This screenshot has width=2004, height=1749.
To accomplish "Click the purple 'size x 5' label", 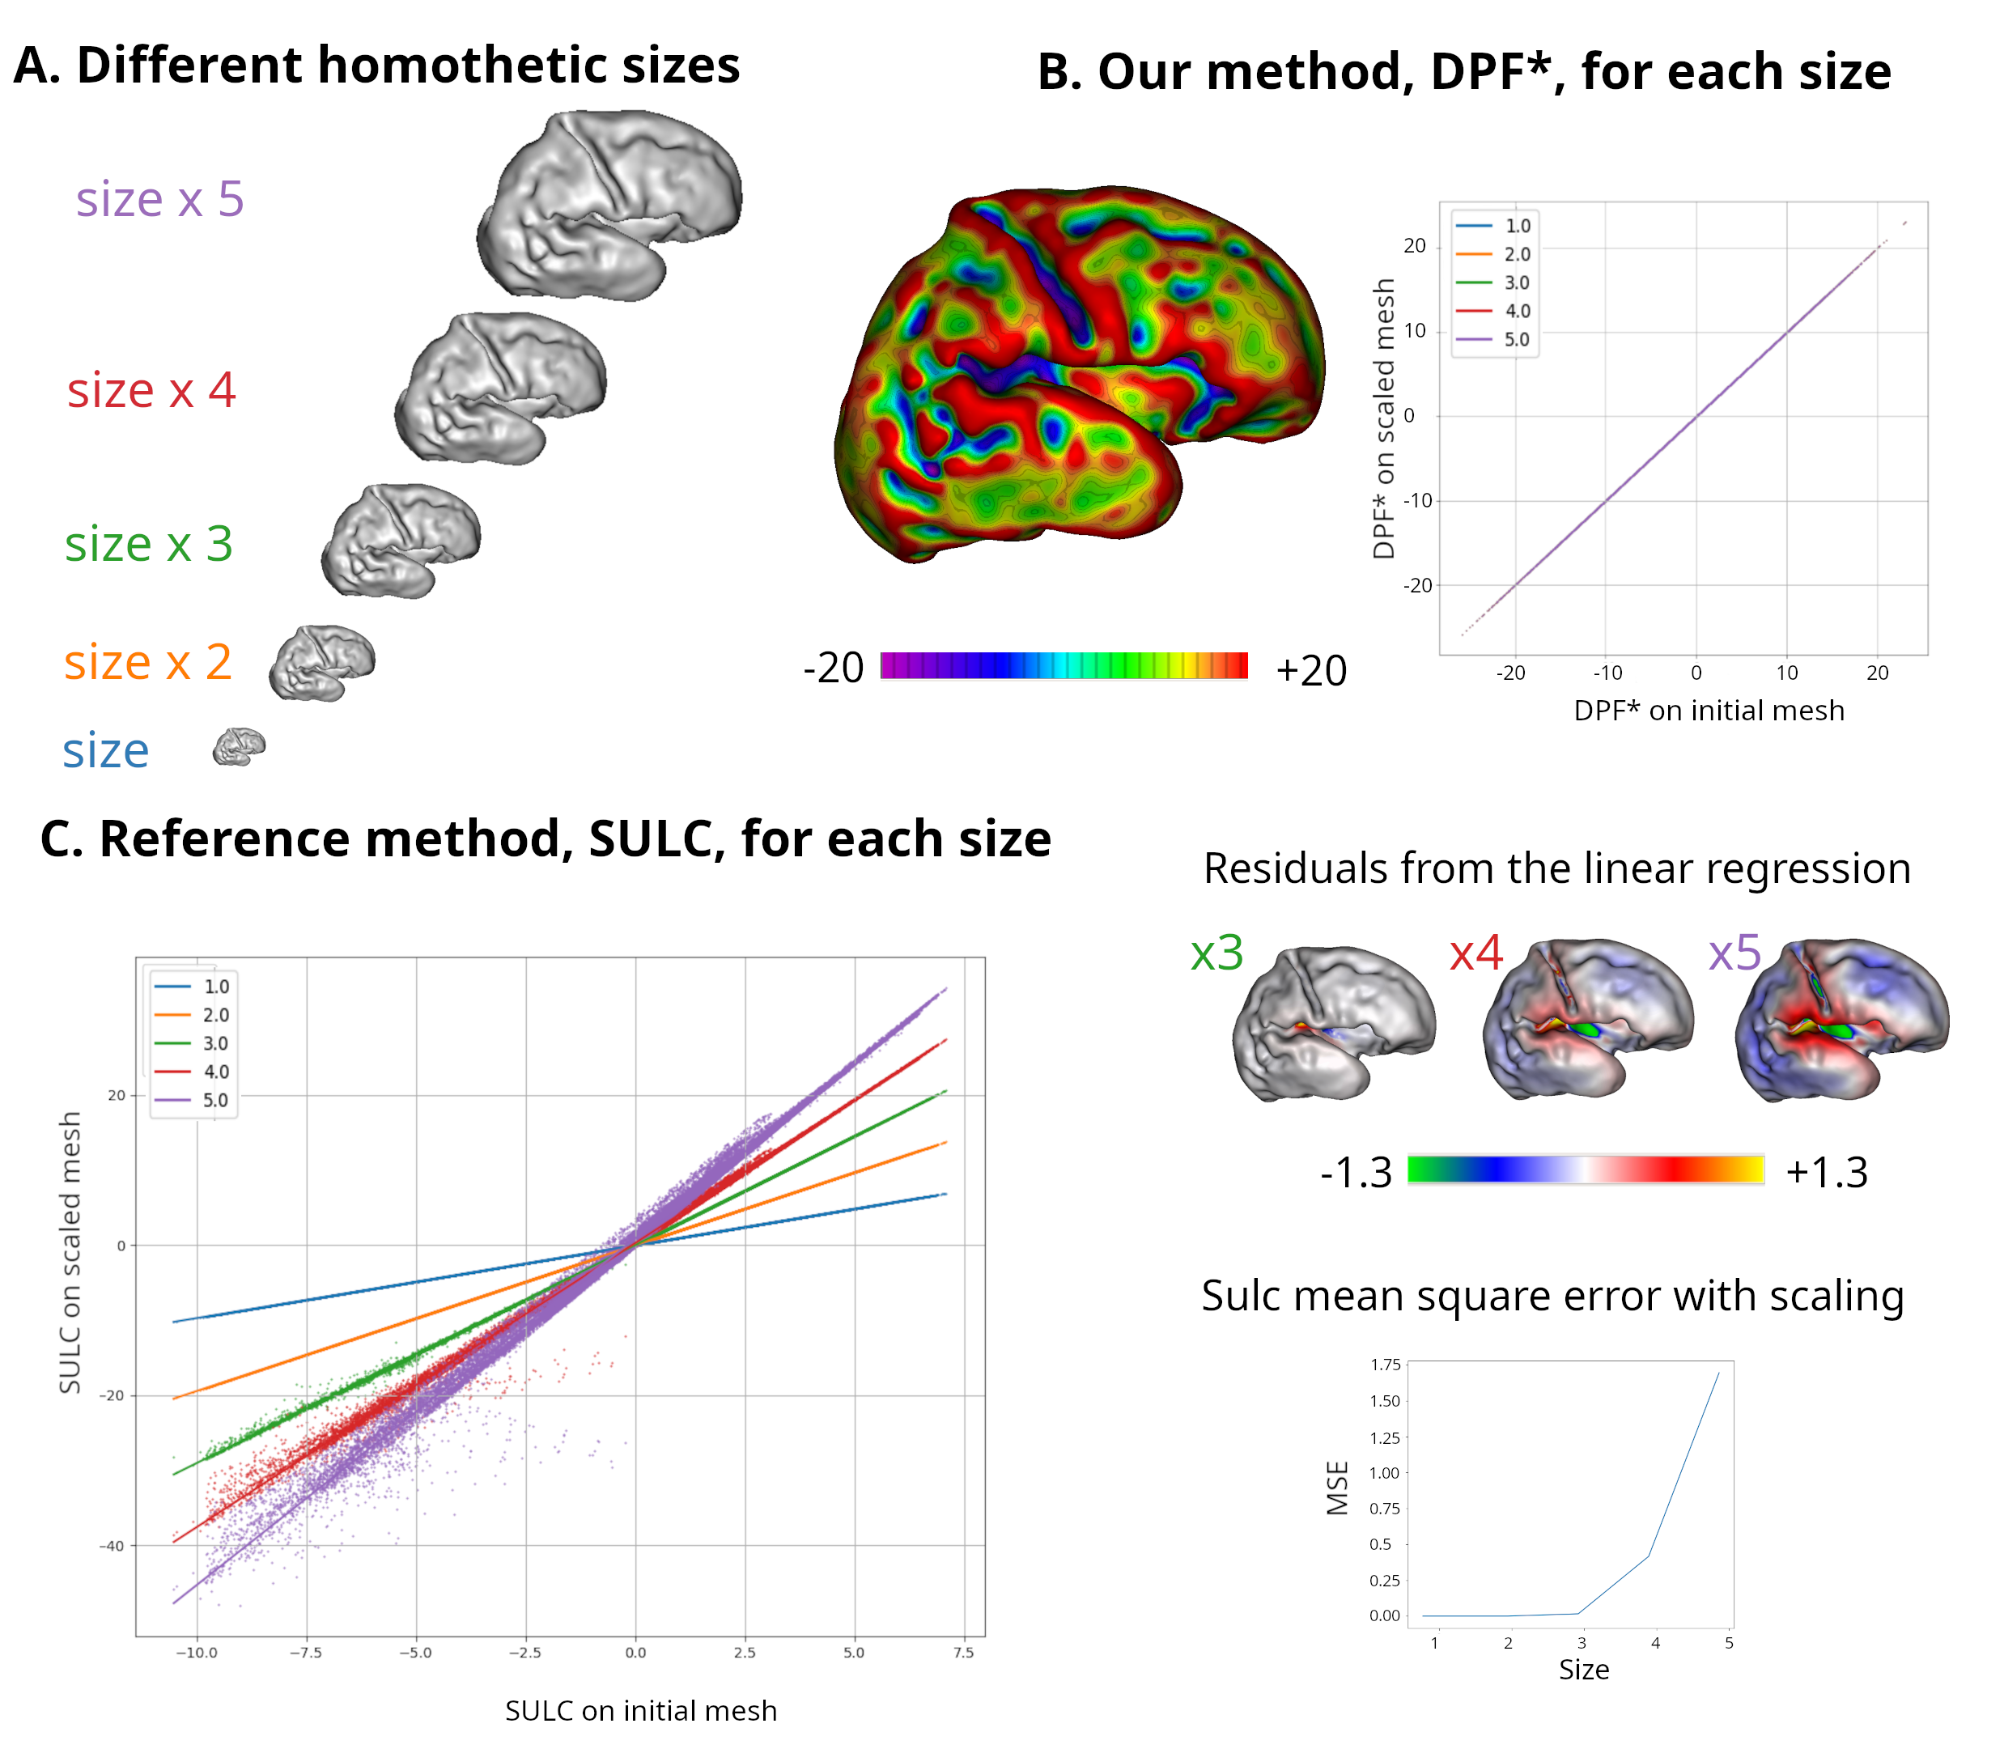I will pyautogui.click(x=160, y=200).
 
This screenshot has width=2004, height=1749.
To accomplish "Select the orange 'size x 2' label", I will pyautogui.click(x=147, y=663).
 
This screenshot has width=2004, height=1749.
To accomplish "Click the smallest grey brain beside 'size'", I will pyautogui.click(x=239, y=748).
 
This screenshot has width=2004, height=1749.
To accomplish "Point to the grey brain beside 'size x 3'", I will pyautogui.click(x=400, y=541).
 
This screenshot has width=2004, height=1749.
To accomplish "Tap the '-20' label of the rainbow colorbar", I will pyautogui.click(x=834, y=669).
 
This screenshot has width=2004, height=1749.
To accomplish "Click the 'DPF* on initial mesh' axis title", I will pyautogui.click(x=1709, y=711).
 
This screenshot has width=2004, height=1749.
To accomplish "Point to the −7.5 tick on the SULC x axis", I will pyautogui.click(x=305, y=1653).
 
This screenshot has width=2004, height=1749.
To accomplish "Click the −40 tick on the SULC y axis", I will pyautogui.click(x=113, y=1546).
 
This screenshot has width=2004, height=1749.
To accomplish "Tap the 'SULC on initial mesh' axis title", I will pyautogui.click(x=640, y=1711).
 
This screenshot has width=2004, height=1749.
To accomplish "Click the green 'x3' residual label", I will pyautogui.click(x=1216, y=953).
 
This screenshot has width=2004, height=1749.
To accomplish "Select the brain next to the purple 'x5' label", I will pyautogui.click(x=1841, y=1020).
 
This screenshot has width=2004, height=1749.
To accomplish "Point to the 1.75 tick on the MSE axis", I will pyautogui.click(x=1385, y=1365).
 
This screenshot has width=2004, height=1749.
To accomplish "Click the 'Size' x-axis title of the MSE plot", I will pyautogui.click(x=1583, y=1670).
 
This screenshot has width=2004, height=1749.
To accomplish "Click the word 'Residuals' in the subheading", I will pyautogui.click(x=1289, y=868).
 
